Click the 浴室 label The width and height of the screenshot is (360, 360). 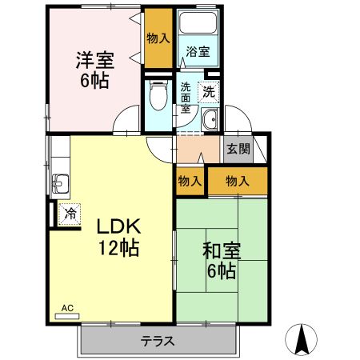pyautogui.click(x=198, y=52)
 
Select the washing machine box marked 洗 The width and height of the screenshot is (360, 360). pyautogui.click(x=209, y=91)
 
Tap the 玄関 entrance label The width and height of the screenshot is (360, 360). pyautogui.click(x=237, y=148)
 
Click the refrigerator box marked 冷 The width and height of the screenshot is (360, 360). pyautogui.click(x=70, y=214)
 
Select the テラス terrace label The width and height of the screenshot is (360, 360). pyautogui.click(x=158, y=341)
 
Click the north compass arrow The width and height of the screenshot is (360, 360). pyautogui.click(x=302, y=339)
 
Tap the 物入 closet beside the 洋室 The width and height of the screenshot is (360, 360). pyautogui.click(x=158, y=37)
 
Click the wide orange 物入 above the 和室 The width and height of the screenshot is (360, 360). pyautogui.click(x=237, y=182)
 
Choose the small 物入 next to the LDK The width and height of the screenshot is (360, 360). pyautogui.click(x=190, y=182)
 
